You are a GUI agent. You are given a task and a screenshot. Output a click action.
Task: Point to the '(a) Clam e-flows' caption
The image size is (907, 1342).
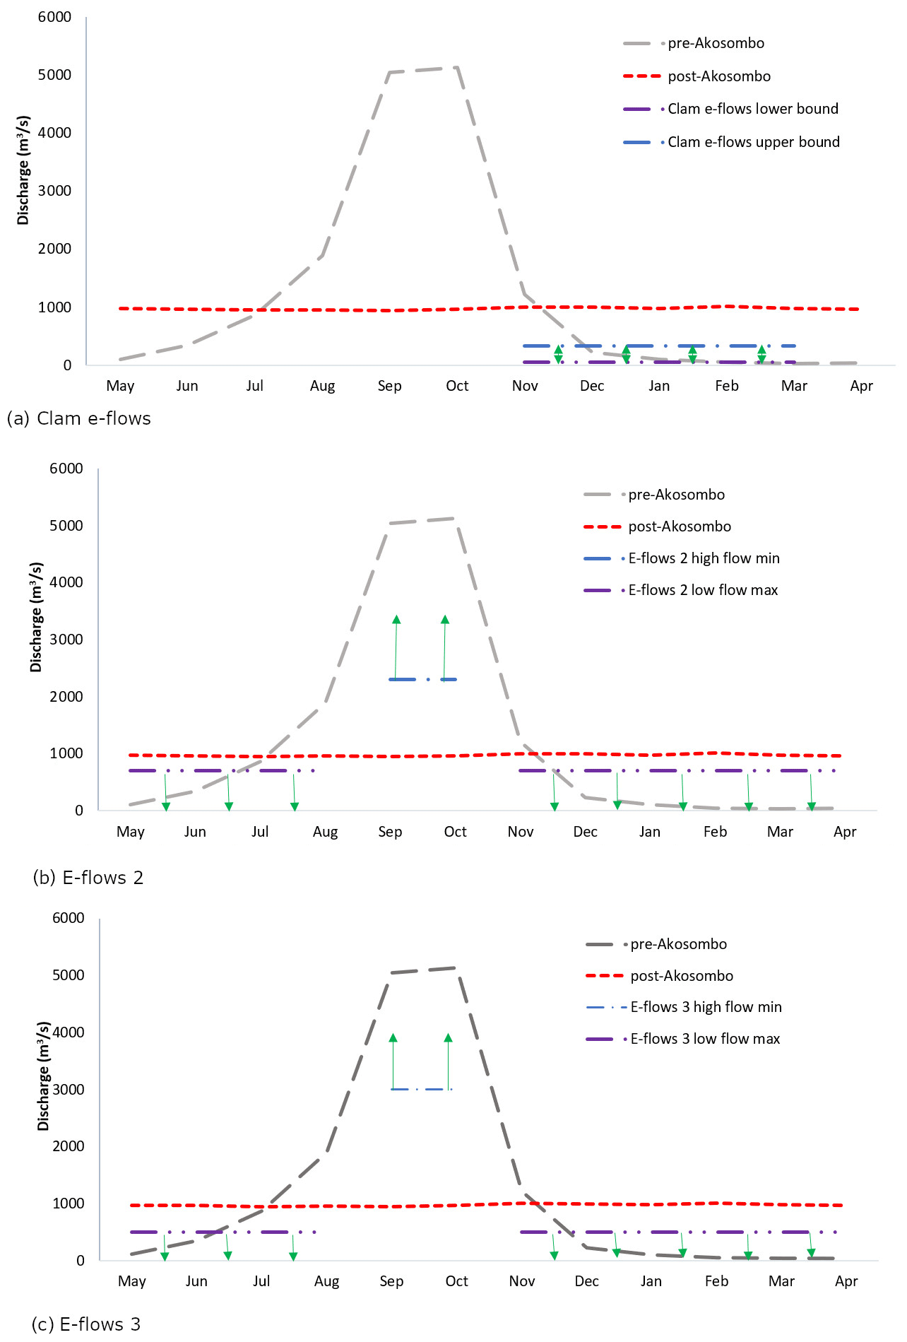pyautogui.click(x=78, y=418)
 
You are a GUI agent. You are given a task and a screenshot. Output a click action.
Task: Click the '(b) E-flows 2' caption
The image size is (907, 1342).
pyautogui.click(x=88, y=878)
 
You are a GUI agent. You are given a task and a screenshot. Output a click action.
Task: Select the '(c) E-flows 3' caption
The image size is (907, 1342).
pyautogui.click(x=86, y=1324)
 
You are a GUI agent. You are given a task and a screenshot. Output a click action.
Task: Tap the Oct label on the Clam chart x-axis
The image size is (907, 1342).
pyautogui.click(x=457, y=386)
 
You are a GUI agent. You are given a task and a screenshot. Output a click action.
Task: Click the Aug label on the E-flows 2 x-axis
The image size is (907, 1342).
pyautogui.click(x=325, y=832)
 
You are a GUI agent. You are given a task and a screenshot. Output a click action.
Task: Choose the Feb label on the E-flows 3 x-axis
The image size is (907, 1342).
pyautogui.click(x=716, y=1281)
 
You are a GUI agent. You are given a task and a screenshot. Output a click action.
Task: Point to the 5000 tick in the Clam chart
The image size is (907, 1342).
pyautogui.click(x=54, y=75)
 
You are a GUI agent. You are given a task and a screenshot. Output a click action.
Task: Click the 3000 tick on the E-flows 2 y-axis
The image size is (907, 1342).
pyautogui.click(x=66, y=640)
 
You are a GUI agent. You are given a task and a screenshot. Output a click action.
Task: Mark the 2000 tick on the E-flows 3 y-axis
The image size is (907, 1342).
pyautogui.click(x=69, y=1146)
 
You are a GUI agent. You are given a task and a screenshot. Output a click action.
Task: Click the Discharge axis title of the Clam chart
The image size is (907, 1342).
pyautogui.click(x=23, y=170)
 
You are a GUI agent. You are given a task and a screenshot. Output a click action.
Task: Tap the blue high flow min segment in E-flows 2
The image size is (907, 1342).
pyautogui.click(x=422, y=679)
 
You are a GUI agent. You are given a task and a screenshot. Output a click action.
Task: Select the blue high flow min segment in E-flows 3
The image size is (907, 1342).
pyautogui.click(x=421, y=1089)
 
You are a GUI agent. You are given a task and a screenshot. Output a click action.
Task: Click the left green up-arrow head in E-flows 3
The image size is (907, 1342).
pyautogui.click(x=393, y=1038)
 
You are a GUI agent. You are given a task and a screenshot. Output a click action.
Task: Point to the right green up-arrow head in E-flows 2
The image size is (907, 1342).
pyautogui.click(x=445, y=620)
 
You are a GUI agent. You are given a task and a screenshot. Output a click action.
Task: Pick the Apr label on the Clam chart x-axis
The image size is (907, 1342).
pyautogui.click(x=861, y=386)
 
